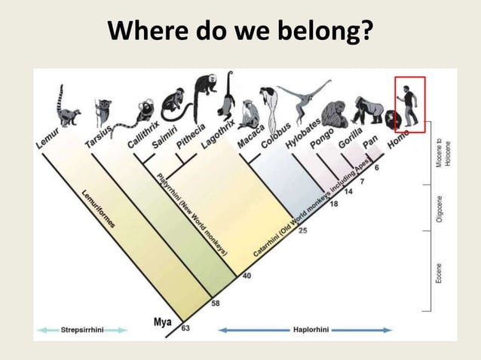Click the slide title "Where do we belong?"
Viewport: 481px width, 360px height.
[240, 32]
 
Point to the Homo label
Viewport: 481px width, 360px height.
[398, 139]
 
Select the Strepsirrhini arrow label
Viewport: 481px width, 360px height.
[81, 330]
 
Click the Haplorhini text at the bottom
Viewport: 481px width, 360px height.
[305, 330]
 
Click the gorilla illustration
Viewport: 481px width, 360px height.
[369, 111]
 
